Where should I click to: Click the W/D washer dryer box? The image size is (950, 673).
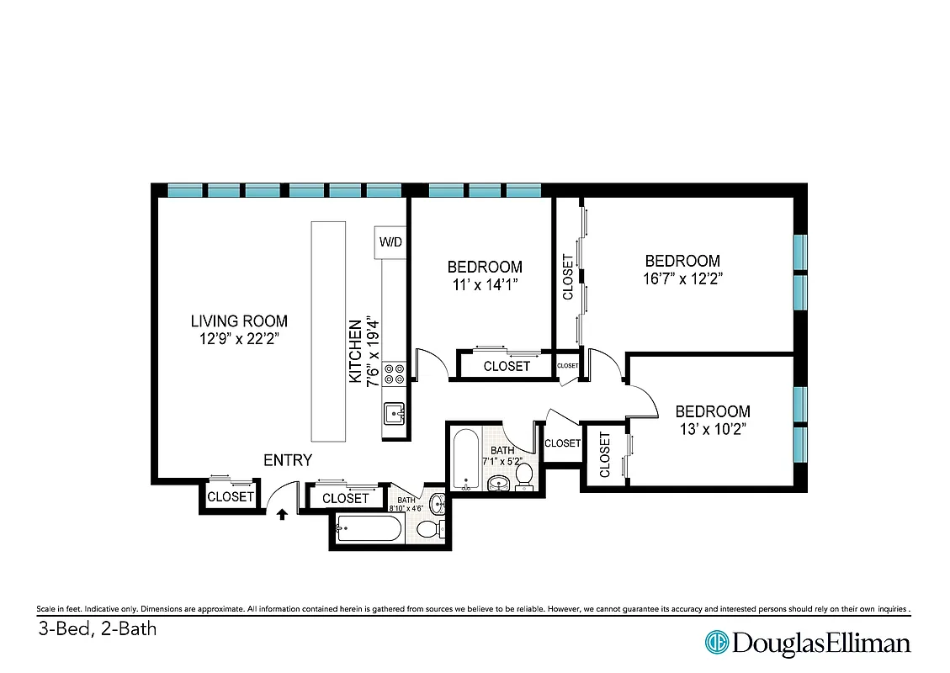[390, 242]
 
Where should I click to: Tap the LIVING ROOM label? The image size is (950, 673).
[239, 321]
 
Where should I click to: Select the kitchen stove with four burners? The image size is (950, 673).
[394, 374]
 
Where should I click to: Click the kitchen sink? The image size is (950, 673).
[394, 413]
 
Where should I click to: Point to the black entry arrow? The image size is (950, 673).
[282, 513]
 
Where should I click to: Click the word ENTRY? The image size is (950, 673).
[288, 460]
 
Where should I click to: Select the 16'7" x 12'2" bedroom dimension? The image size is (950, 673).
[682, 278]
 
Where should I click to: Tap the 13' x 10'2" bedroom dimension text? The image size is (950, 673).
[713, 428]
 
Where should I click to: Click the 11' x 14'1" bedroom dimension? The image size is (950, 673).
[484, 284]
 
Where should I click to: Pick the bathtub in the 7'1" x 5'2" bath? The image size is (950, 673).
[464, 459]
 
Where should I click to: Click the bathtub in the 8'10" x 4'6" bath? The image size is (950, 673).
[368, 531]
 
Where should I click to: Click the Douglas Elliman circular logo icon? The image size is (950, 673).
[717, 643]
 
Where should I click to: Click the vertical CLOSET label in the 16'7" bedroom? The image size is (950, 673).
[568, 277]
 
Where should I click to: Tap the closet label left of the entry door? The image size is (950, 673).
[231, 497]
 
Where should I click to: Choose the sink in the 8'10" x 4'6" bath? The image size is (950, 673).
[438, 505]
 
